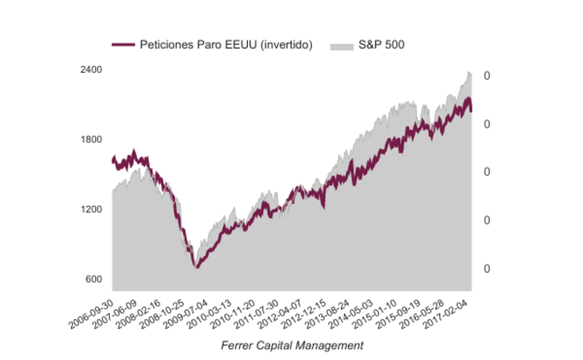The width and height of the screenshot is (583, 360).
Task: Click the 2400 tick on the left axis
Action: click(91, 70)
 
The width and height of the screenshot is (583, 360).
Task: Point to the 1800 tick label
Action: click(91, 140)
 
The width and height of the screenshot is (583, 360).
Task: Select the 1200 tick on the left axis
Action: click(91, 210)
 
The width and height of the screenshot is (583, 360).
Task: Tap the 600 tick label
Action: click(93, 279)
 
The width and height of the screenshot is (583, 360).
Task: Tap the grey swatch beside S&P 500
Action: click(341, 44)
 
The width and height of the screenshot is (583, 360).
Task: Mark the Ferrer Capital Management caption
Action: click(291, 345)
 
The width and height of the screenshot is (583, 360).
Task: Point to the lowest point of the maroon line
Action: click(197, 267)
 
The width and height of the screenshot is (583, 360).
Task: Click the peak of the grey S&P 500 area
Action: click(469, 72)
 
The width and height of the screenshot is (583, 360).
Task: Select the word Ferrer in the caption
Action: click(237, 345)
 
